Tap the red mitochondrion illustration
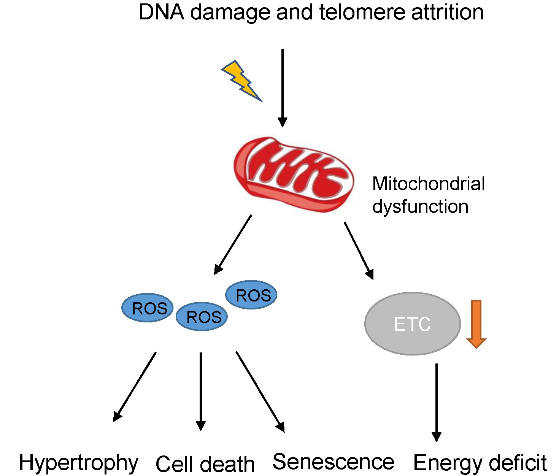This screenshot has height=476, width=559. click(294, 174)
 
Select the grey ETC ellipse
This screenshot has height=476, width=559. click(413, 324)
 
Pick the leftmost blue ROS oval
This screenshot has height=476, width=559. click(148, 308)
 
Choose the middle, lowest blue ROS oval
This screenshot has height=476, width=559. click(202, 317)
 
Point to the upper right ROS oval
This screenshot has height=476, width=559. click(251, 295)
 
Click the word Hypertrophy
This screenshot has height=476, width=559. click(78, 463)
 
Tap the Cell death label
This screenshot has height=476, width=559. click(205, 464)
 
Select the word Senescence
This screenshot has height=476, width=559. click(333, 462)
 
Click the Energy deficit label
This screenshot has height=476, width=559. click(480, 463)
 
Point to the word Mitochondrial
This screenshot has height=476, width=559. click(428, 184)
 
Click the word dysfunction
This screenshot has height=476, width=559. click(420, 207)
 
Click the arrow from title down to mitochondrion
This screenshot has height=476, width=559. click(283, 87)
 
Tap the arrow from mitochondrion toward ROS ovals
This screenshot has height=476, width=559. click(233, 244)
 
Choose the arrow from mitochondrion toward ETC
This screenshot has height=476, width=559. click(359, 251)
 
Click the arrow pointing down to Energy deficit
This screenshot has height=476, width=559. click(437, 402)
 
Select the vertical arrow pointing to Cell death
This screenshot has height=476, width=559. click(201, 392)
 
